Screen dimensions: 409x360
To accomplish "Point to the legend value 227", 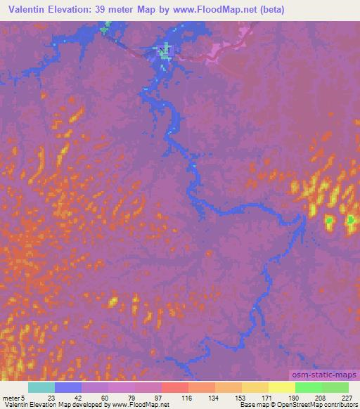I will pyautogui.click(x=347, y=397).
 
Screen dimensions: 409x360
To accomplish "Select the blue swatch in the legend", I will pyautogui.click(x=67, y=387).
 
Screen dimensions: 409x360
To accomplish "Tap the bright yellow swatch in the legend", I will pyautogui.click(x=281, y=387).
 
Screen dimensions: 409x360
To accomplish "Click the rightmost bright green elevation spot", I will pyautogui.click(x=350, y=221).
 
